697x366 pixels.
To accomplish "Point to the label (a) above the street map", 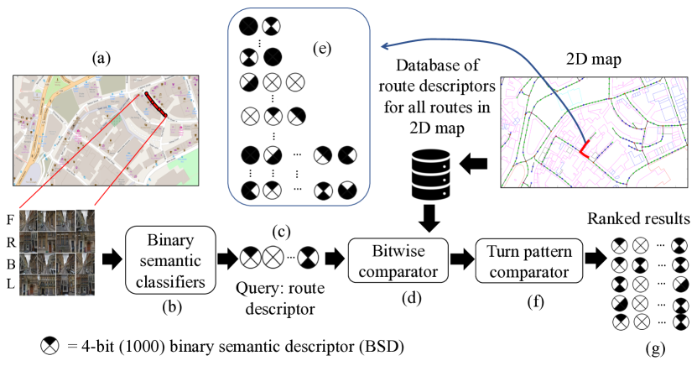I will tap(101, 58).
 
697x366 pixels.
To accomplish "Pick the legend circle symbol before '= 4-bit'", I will tap(49, 345).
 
